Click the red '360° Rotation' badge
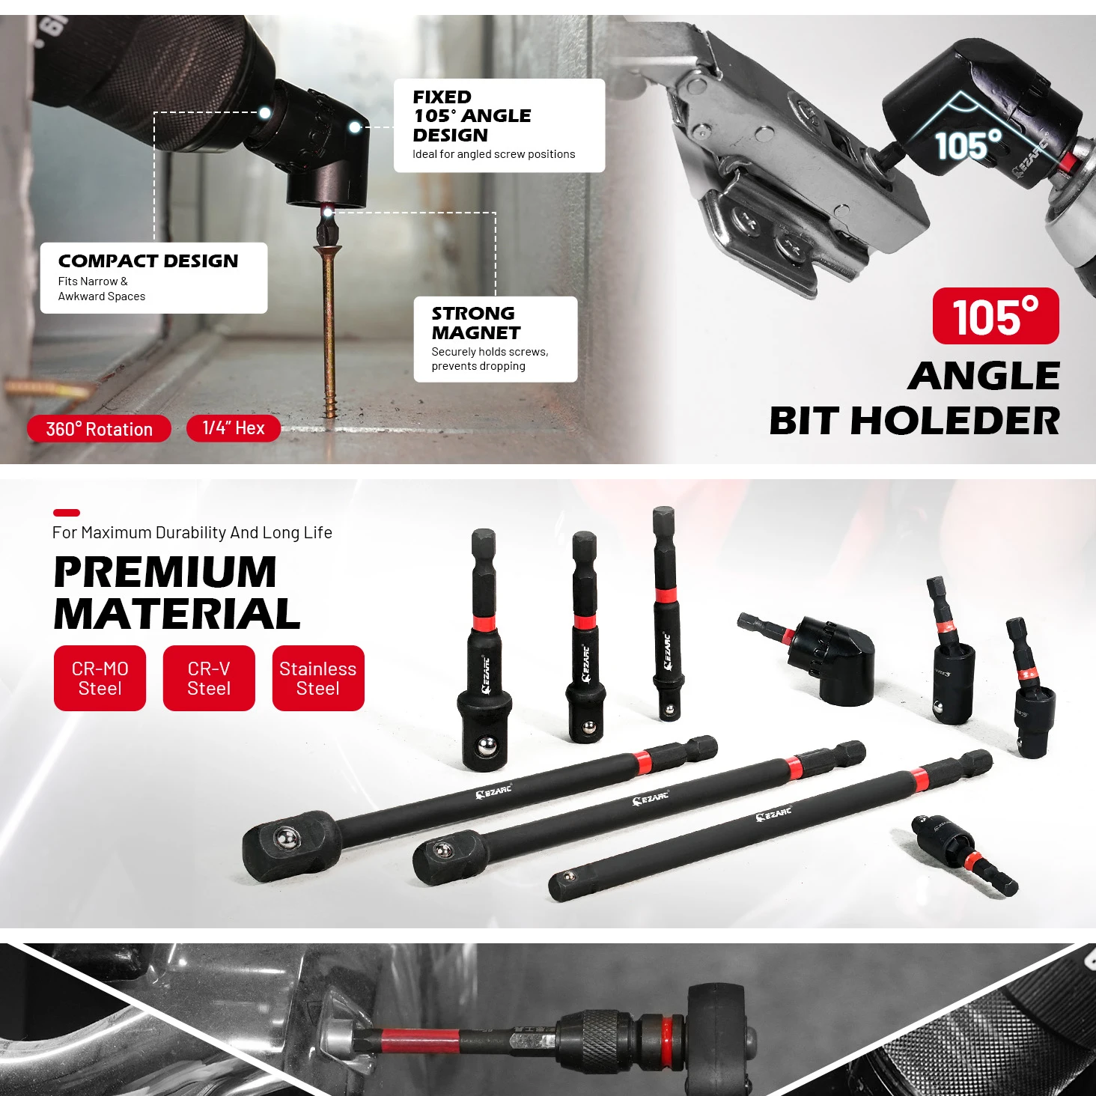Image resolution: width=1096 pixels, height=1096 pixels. tap(99, 428)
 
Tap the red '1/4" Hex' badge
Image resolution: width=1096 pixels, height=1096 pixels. tap(233, 427)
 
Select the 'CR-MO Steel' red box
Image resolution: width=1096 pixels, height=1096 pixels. tap(100, 678)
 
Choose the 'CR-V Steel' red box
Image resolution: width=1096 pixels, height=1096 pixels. tap(209, 678)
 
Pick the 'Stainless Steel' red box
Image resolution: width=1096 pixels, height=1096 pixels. tap(318, 678)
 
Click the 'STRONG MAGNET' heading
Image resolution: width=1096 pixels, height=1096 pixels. tap(475, 323)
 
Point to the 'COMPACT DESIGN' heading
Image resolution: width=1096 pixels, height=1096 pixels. tap(148, 261)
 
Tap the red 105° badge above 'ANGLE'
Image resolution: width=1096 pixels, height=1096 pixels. tap(996, 316)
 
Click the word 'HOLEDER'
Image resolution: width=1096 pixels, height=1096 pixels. tap(955, 421)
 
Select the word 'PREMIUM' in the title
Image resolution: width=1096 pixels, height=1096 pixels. tap(165, 572)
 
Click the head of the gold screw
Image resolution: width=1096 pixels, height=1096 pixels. tap(328, 248)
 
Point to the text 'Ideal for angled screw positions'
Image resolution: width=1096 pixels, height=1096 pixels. tap(493, 154)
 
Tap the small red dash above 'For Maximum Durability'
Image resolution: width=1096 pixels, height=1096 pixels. tap(66, 513)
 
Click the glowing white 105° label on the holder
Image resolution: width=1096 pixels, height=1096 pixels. tap(969, 144)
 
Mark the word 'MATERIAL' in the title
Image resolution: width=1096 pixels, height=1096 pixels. tap(177, 615)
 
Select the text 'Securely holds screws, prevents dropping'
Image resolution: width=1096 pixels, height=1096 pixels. tap(490, 359)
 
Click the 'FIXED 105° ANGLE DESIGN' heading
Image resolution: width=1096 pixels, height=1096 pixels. tap(472, 116)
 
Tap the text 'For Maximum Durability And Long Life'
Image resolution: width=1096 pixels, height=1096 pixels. tap(192, 532)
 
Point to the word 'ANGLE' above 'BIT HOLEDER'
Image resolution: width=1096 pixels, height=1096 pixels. tap(984, 376)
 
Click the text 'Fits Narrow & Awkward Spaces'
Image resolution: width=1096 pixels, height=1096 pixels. tap(101, 289)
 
